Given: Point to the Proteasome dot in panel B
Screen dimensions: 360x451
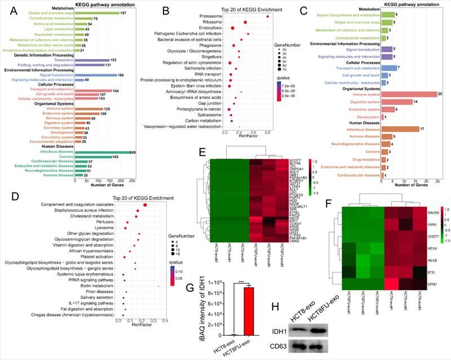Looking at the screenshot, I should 267,16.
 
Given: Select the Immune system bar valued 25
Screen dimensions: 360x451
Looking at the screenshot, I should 409,94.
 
